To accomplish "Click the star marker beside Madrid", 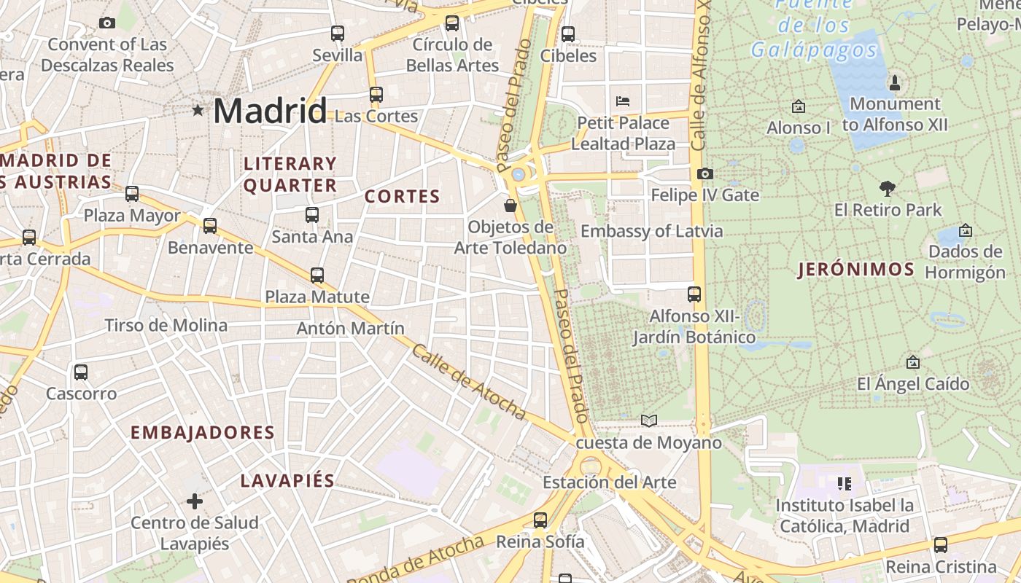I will tap(198, 110).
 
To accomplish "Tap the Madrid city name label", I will tap(270, 111).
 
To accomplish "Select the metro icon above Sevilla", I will tap(337, 34).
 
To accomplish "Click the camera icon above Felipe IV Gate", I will tap(704, 173).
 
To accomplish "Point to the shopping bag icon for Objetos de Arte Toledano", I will tap(510, 206).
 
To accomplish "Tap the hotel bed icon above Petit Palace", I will tap(623, 101).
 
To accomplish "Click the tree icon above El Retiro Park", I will tap(888, 189).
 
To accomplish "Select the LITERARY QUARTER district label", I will tap(290, 175).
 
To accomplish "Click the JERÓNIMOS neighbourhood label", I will tap(856, 270).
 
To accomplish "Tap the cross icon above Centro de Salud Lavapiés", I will tap(195, 501).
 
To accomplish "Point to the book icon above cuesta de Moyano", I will tap(648, 420).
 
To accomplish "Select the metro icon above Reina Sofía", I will tap(540, 520).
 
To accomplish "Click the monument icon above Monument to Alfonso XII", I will tap(895, 82).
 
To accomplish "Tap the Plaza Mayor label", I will tap(132, 216).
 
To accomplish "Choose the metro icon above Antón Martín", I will tap(317, 275).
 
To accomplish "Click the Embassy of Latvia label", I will tap(651, 231).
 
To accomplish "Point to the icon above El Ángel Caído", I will tap(912, 362).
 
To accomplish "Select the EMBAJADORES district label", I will tap(203, 432).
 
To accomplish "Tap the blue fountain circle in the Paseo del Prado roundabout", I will tap(519, 174).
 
